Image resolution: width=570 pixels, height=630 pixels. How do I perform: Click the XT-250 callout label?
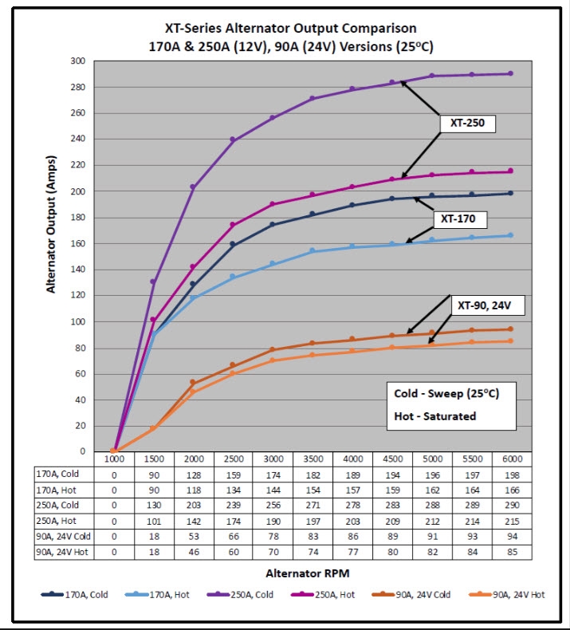tap(467, 124)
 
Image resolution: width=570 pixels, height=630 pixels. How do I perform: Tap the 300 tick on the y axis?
tap(78, 61)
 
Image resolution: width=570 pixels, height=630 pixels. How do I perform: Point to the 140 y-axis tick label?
tap(78, 270)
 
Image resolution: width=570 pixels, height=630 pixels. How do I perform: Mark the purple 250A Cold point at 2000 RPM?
tap(194, 187)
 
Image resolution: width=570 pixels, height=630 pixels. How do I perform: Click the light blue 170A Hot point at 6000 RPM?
tap(509, 235)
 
